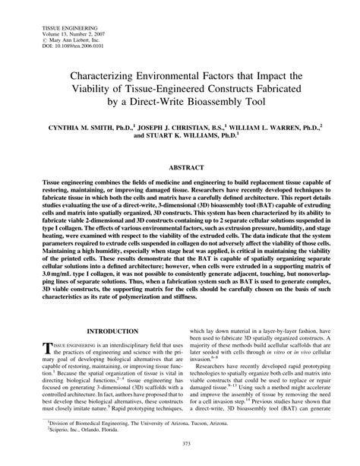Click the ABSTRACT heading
tap(179, 165)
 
